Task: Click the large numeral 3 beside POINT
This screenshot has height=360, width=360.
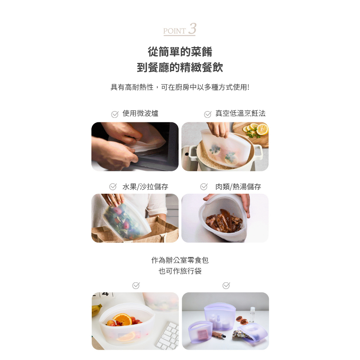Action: [x=192, y=29]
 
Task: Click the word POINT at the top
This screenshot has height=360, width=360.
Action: [x=174, y=31]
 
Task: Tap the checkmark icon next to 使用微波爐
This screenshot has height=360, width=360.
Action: [x=115, y=114]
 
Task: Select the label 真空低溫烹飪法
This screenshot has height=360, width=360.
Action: [x=240, y=113]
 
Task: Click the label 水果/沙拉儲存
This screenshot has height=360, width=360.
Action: [x=145, y=187]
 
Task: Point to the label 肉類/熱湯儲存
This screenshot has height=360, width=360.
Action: [x=238, y=187]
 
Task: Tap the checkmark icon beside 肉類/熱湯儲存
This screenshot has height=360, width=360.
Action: [x=204, y=187]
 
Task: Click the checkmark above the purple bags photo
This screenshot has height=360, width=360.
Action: [x=226, y=285]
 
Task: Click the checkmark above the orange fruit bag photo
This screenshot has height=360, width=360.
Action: [x=136, y=285]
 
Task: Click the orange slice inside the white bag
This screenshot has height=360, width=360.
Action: [x=122, y=319]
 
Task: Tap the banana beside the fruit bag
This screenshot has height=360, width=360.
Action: [x=96, y=310]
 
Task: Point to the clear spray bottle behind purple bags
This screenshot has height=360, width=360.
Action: [x=252, y=314]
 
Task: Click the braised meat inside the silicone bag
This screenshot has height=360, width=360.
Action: [x=224, y=221]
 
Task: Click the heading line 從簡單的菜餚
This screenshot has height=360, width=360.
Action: [x=180, y=52]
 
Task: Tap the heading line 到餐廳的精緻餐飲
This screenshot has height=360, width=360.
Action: [x=180, y=67]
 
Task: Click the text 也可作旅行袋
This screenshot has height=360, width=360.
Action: [x=180, y=271]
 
